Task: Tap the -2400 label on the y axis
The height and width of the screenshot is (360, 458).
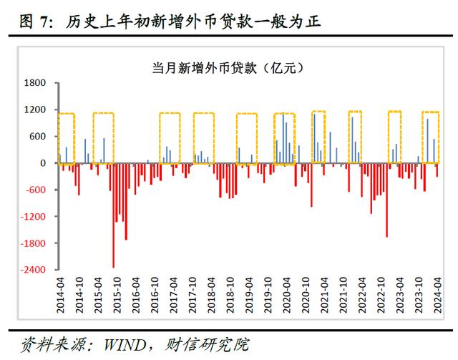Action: (x=34, y=270)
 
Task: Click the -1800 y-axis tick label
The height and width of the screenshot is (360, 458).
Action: (x=34, y=243)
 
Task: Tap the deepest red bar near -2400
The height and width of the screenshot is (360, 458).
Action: (x=113, y=215)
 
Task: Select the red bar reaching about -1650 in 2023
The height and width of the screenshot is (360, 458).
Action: (x=386, y=200)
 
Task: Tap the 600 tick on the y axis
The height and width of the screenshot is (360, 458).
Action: (x=39, y=136)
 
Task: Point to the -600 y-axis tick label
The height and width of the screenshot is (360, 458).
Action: (x=36, y=190)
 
